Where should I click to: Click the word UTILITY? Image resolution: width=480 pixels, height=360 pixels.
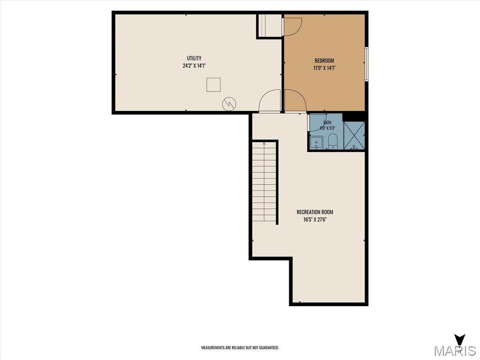194,58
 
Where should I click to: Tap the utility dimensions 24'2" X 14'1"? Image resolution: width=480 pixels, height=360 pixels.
194,66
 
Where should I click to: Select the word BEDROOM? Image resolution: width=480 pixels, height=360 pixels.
324,60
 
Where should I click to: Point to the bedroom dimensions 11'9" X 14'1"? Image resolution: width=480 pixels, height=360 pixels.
324,68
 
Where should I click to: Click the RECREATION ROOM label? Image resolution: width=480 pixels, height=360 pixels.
315,212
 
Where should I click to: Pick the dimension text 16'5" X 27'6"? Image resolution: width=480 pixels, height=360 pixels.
315,219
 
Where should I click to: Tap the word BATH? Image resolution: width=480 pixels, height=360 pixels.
327,123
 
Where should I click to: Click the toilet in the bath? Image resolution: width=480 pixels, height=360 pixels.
332,141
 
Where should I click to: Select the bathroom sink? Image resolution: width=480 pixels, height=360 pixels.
316,143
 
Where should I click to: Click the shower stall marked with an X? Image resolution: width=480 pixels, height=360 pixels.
354,135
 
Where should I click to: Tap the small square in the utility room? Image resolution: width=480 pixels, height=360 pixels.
213,85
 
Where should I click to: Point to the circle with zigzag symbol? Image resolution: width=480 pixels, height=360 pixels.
229,105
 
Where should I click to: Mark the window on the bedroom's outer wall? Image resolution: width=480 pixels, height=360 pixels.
367,64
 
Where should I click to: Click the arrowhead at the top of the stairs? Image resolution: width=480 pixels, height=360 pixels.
264,143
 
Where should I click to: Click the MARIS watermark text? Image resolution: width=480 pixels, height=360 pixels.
455,351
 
